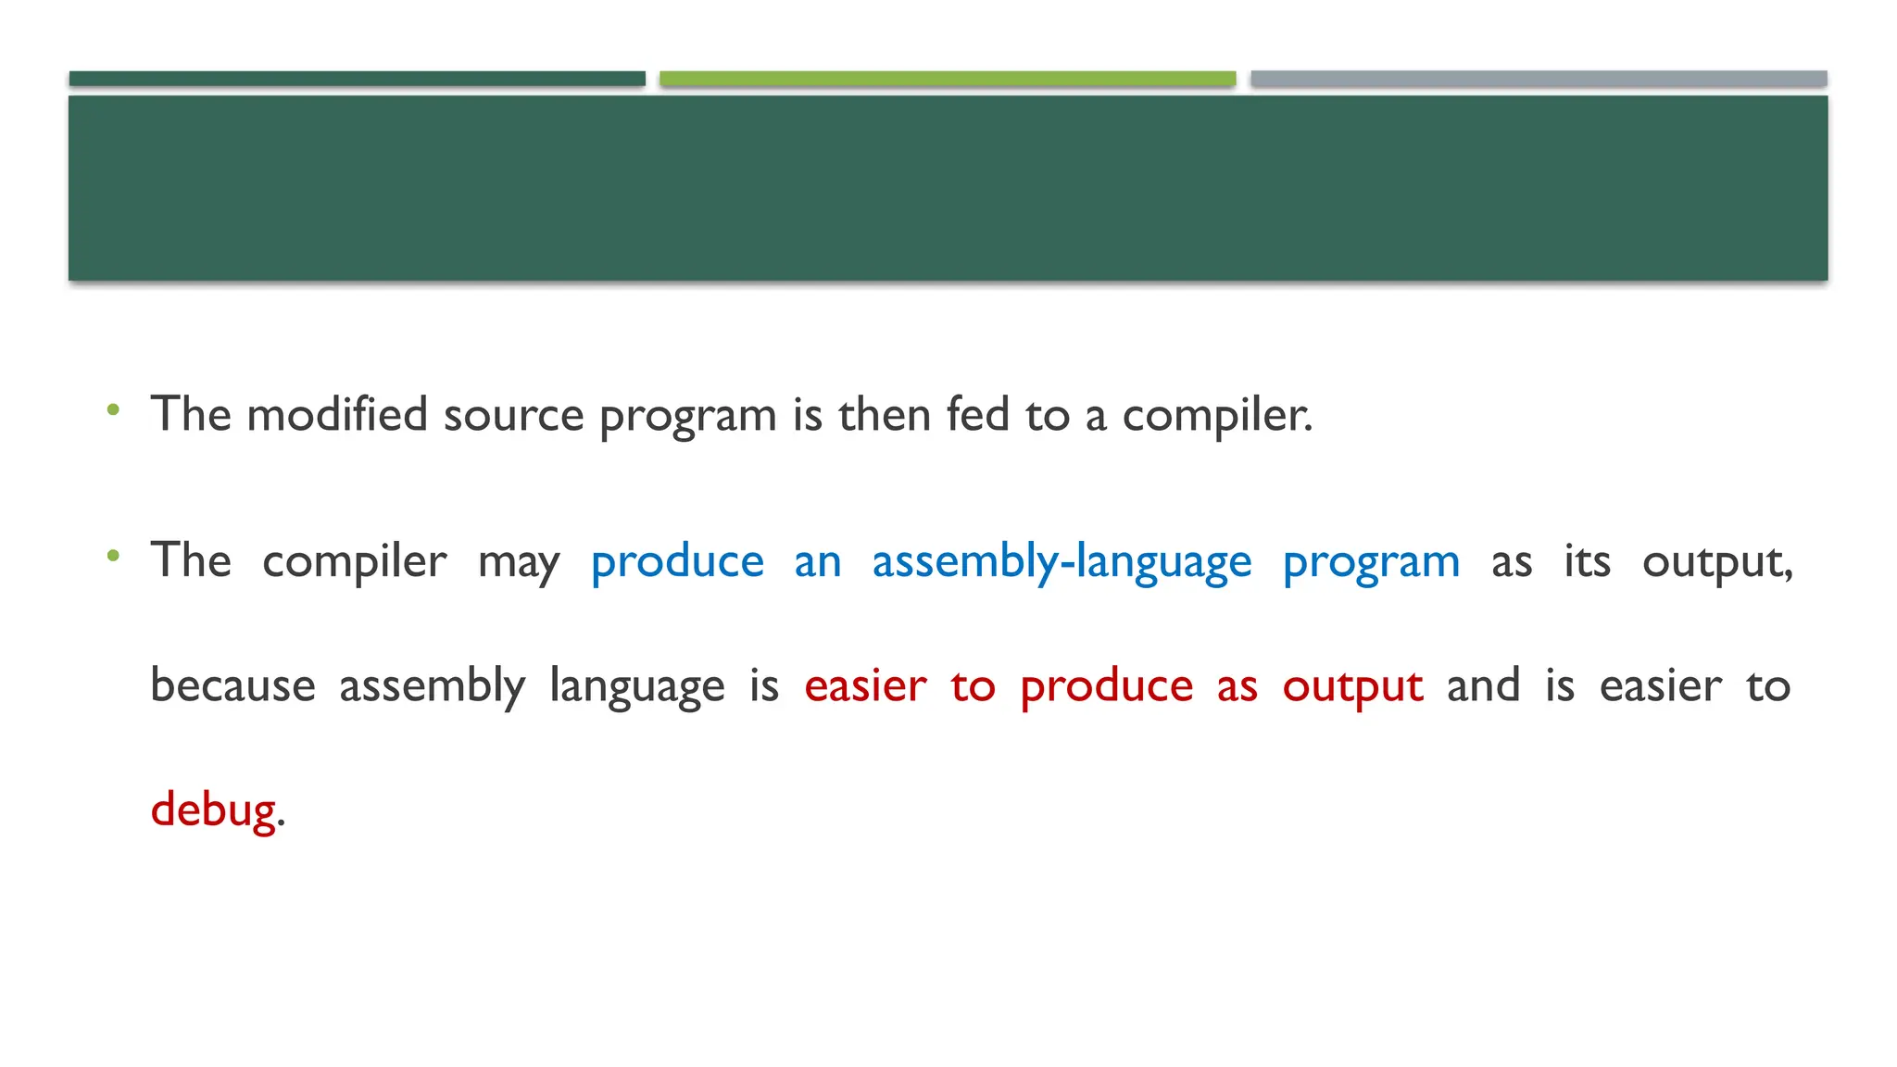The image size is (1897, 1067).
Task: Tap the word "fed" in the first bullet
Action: pyautogui.click(x=977, y=414)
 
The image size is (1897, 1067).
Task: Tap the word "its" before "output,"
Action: pyautogui.click(x=1587, y=561)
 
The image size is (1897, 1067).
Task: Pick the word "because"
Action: pyautogui.click(x=232, y=686)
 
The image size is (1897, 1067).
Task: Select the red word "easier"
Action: pyautogui.click(x=865, y=686)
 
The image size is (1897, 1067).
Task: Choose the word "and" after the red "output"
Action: pyautogui.click(x=1483, y=686)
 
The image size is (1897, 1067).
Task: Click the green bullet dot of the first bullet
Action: pyautogui.click(x=113, y=408)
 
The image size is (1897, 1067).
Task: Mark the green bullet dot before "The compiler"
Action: pyautogui.click(x=113, y=556)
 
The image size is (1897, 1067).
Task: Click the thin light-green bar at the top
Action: pyautogui.click(x=948, y=79)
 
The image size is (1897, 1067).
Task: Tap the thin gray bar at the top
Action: pyautogui.click(x=1539, y=79)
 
